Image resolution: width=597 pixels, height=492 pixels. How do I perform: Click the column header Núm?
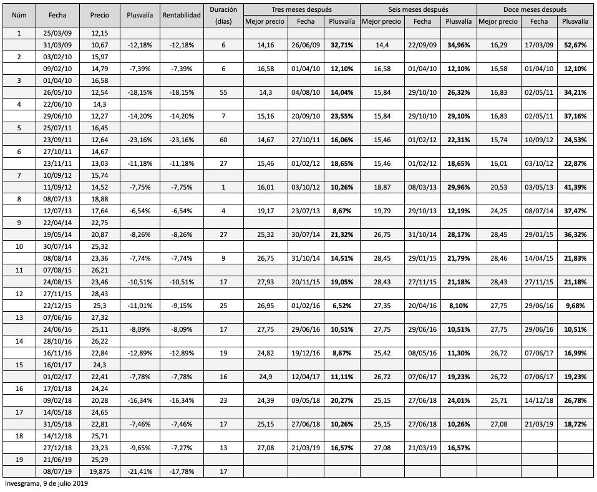point(19,15)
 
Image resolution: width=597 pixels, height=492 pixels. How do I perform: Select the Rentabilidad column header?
point(181,15)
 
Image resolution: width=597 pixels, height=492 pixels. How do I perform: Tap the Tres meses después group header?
point(302,10)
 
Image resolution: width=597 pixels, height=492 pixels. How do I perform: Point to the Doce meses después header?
point(535,10)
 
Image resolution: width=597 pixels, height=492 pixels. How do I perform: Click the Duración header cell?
point(223,15)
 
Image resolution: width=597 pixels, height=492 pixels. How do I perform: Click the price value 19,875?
point(100,471)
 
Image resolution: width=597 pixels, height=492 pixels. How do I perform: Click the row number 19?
point(19,460)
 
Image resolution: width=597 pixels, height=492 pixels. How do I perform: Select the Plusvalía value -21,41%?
point(140,471)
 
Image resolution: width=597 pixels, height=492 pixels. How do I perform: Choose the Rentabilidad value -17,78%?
point(181,471)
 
